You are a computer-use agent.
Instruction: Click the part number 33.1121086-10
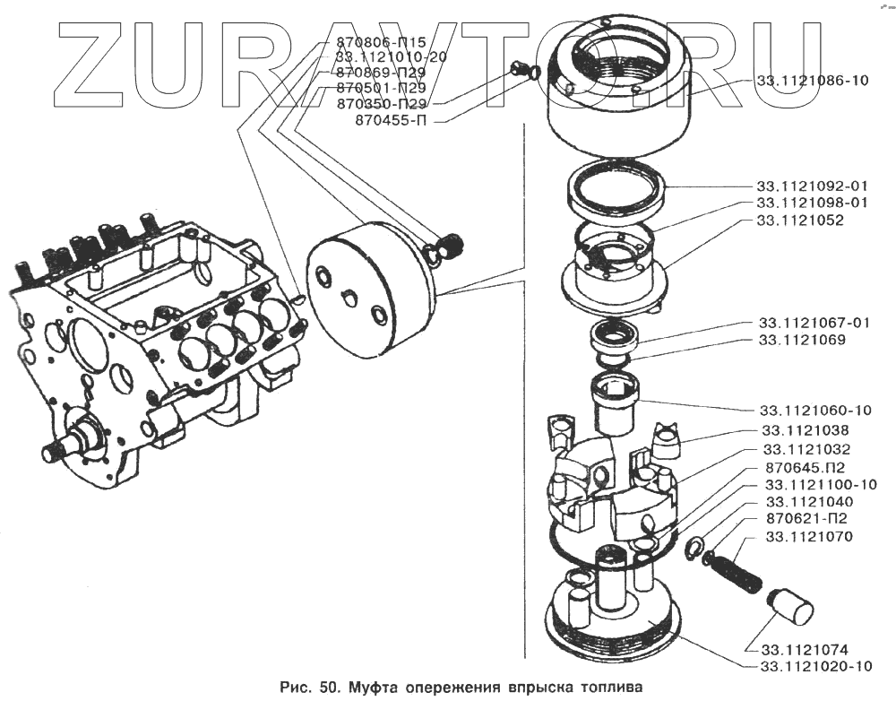(x=813, y=81)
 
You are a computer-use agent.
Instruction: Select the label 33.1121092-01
(x=813, y=186)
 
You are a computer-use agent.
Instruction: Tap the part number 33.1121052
(x=799, y=220)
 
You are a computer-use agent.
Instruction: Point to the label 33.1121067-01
(x=814, y=323)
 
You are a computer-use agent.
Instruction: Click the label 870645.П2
(x=804, y=467)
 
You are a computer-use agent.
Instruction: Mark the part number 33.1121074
(x=806, y=649)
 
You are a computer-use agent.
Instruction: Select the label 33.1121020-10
(x=815, y=667)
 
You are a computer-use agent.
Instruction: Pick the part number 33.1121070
(x=809, y=537)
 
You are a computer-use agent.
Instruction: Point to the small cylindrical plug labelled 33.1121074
(x=790, y=606)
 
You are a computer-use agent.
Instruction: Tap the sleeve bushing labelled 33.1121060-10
(x=614, y=405)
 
